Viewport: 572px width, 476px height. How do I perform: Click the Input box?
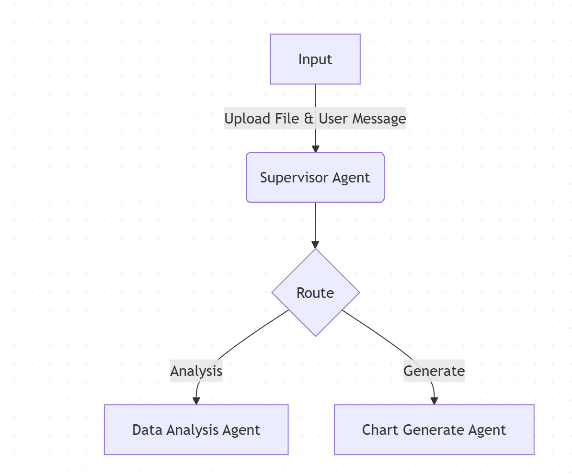(x=315, y=59)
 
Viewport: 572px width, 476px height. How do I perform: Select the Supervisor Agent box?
(x=315, y=178)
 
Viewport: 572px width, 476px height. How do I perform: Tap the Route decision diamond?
(x=315, y=293)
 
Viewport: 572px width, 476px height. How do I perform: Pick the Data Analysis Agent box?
(x=196, y=430)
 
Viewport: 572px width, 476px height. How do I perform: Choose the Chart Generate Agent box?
(x=434, y=430)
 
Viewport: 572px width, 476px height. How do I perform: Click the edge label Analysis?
(x=196, y=371)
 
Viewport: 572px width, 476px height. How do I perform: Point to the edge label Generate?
(x=434, y=371)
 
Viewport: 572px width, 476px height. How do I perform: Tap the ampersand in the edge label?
(x=309, y=119)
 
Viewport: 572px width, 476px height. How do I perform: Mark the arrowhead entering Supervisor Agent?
(x=315, y=149)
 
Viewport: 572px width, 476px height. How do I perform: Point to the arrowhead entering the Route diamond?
(x=315, y=245)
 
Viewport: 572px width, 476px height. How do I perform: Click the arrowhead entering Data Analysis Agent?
(x=196, y=401)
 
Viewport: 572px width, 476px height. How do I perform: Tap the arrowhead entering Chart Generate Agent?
(x=434, y=401)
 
